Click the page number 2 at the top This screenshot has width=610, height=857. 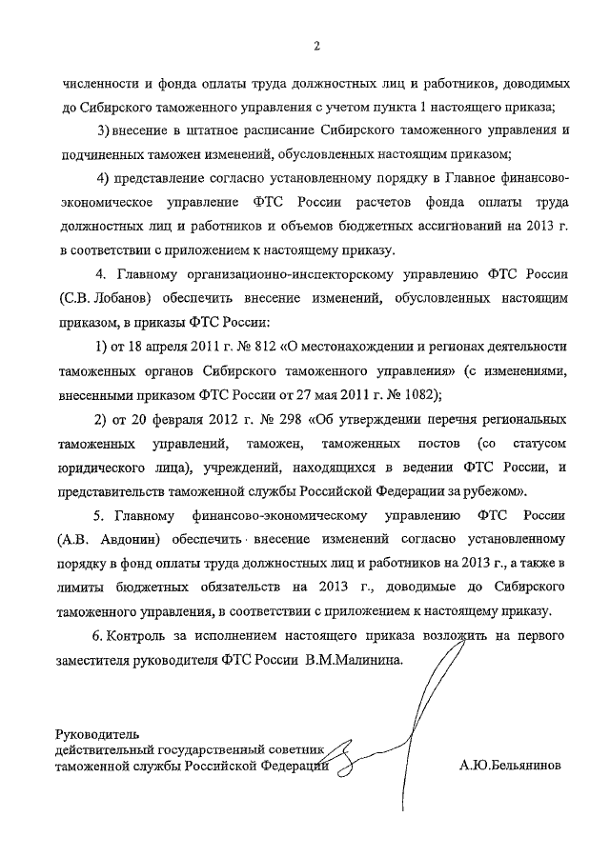click(x=315, y=46)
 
